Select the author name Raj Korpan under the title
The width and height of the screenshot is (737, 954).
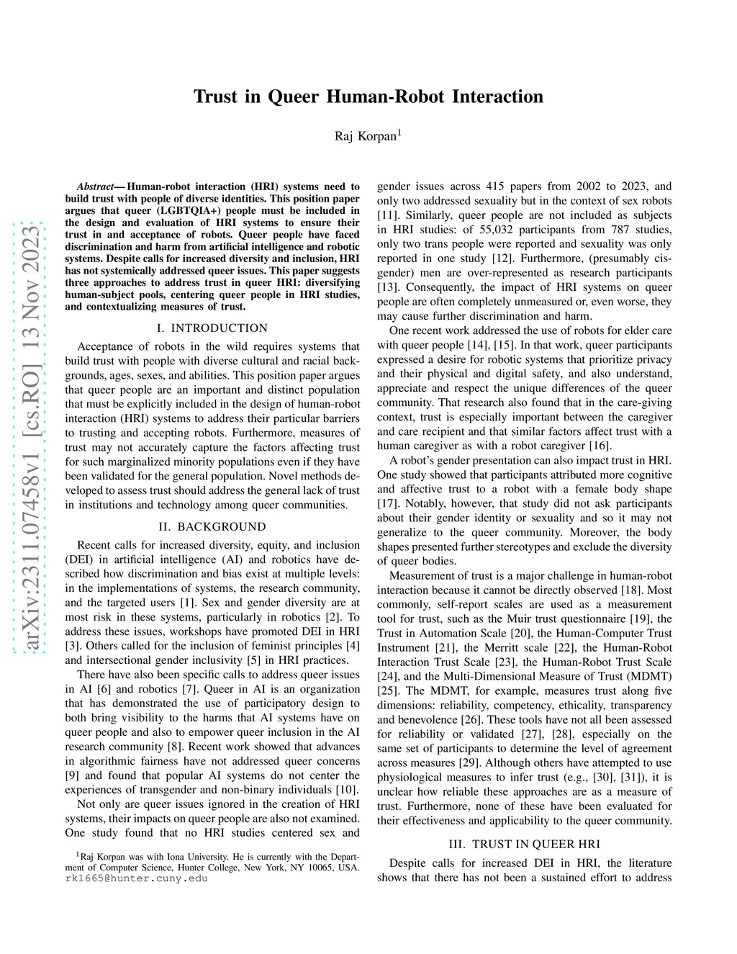coord(366,136)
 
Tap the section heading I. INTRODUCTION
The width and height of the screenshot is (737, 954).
coord(212,328)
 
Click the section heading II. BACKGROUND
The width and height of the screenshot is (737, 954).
coord(212,526)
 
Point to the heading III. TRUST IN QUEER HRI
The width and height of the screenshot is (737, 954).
coord(524,845)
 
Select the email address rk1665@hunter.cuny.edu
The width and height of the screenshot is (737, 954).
coord(136,878)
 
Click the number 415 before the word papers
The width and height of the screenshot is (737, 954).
coord(496,186)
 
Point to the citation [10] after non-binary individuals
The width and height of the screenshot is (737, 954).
coord(346,790)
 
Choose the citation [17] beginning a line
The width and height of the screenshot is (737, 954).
coord(389,504)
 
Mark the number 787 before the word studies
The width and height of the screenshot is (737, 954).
coord(577,230)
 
